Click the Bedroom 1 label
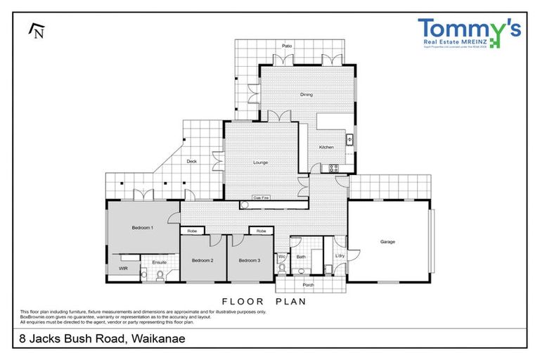click(142, 228)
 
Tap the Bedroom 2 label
click(202, 261)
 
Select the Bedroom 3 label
click(249, 261)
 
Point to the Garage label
click(387, 242)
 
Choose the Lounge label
click(261, 163)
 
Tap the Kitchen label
click(326, 147)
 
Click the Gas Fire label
click(262, 198)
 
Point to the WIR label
click(123, 269)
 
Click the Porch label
click(308, 285)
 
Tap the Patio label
click(287, 46)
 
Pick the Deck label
click(191, 162)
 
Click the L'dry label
click(340, 256)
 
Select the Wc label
click(281, 257)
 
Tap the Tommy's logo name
click(469, 29)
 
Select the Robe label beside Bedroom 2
click(191, 231)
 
